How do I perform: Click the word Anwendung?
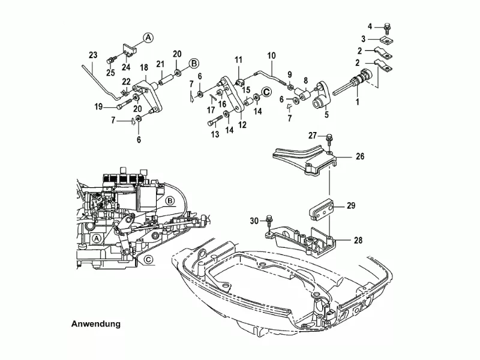click(x=96, y=323)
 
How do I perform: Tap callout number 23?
click(x=92, y=55)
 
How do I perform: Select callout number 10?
click(x=271, y=55)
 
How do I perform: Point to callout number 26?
click(x=360, y=157)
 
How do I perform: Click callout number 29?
click(x=351, y=206)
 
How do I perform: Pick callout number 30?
click(x=254, y=221)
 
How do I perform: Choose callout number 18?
click(x=144, y=67)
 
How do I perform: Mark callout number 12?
click(x=242, y=125)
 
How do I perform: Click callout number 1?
click(x=359, y=103)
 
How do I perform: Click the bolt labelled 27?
click(x=330, y=139)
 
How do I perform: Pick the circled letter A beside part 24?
click(x=148, y=37)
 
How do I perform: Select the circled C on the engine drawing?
click(x=147, y=260)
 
